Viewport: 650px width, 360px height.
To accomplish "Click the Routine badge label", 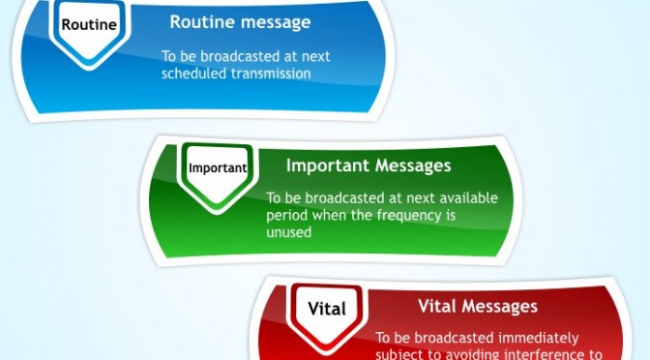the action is coord(89,24).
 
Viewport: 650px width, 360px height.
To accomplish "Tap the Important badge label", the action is coord(218,168).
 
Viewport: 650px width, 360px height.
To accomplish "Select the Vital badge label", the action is coord(327,309).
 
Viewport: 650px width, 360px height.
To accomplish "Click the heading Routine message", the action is coord(240,22).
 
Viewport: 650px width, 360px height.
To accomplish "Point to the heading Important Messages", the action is coord(369,165).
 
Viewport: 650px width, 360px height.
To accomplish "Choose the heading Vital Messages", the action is coord(478,306).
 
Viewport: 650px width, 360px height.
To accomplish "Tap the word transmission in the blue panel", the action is coord(271,74).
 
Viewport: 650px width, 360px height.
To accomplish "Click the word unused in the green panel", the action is coord(288,232).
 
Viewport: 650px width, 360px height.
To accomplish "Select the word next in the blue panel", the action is coord(316,56).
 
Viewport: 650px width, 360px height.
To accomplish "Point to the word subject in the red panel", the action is coord(394,355).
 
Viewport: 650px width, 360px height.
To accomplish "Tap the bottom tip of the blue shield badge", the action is coord(89,70).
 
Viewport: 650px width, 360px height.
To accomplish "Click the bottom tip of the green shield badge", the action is coord(217,214).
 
